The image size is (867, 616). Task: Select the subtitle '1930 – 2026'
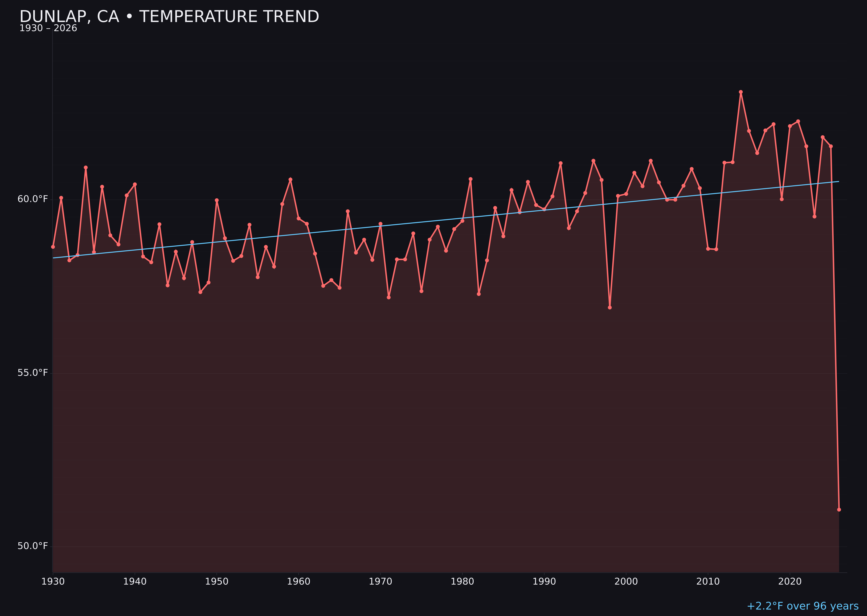[48, 28]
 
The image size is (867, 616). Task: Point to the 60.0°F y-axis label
[33, 199]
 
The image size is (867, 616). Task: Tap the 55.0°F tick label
[33, 373]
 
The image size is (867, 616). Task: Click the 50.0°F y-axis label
[33, 546]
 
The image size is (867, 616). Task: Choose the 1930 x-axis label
[53, 582]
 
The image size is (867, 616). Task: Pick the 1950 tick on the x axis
[217, 582]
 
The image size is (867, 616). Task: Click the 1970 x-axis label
[380, 582]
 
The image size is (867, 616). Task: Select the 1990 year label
[544, 582]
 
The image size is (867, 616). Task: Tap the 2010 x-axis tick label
[708, 582]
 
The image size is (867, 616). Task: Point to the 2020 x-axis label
[790, 582]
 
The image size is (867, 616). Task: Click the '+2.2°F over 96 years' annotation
[802, 606]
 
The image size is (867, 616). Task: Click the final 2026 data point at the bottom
[839, 509]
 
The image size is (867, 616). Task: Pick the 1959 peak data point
[290, 179]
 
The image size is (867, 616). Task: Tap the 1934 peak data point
[86, 167]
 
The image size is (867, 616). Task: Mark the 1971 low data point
[389, 297]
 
